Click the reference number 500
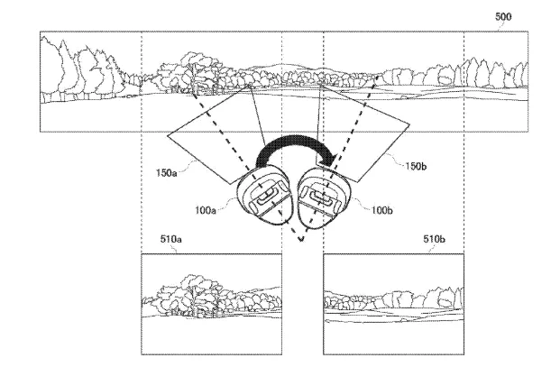503,17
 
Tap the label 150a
167,173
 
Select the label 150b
416,166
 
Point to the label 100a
206,210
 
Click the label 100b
381,210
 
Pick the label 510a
170,239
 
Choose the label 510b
434,239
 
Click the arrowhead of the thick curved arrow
328,160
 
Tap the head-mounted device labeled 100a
264,197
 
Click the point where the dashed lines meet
301,241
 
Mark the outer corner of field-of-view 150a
168,135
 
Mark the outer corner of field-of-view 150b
409,124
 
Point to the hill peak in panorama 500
282,65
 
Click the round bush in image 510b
445,298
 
